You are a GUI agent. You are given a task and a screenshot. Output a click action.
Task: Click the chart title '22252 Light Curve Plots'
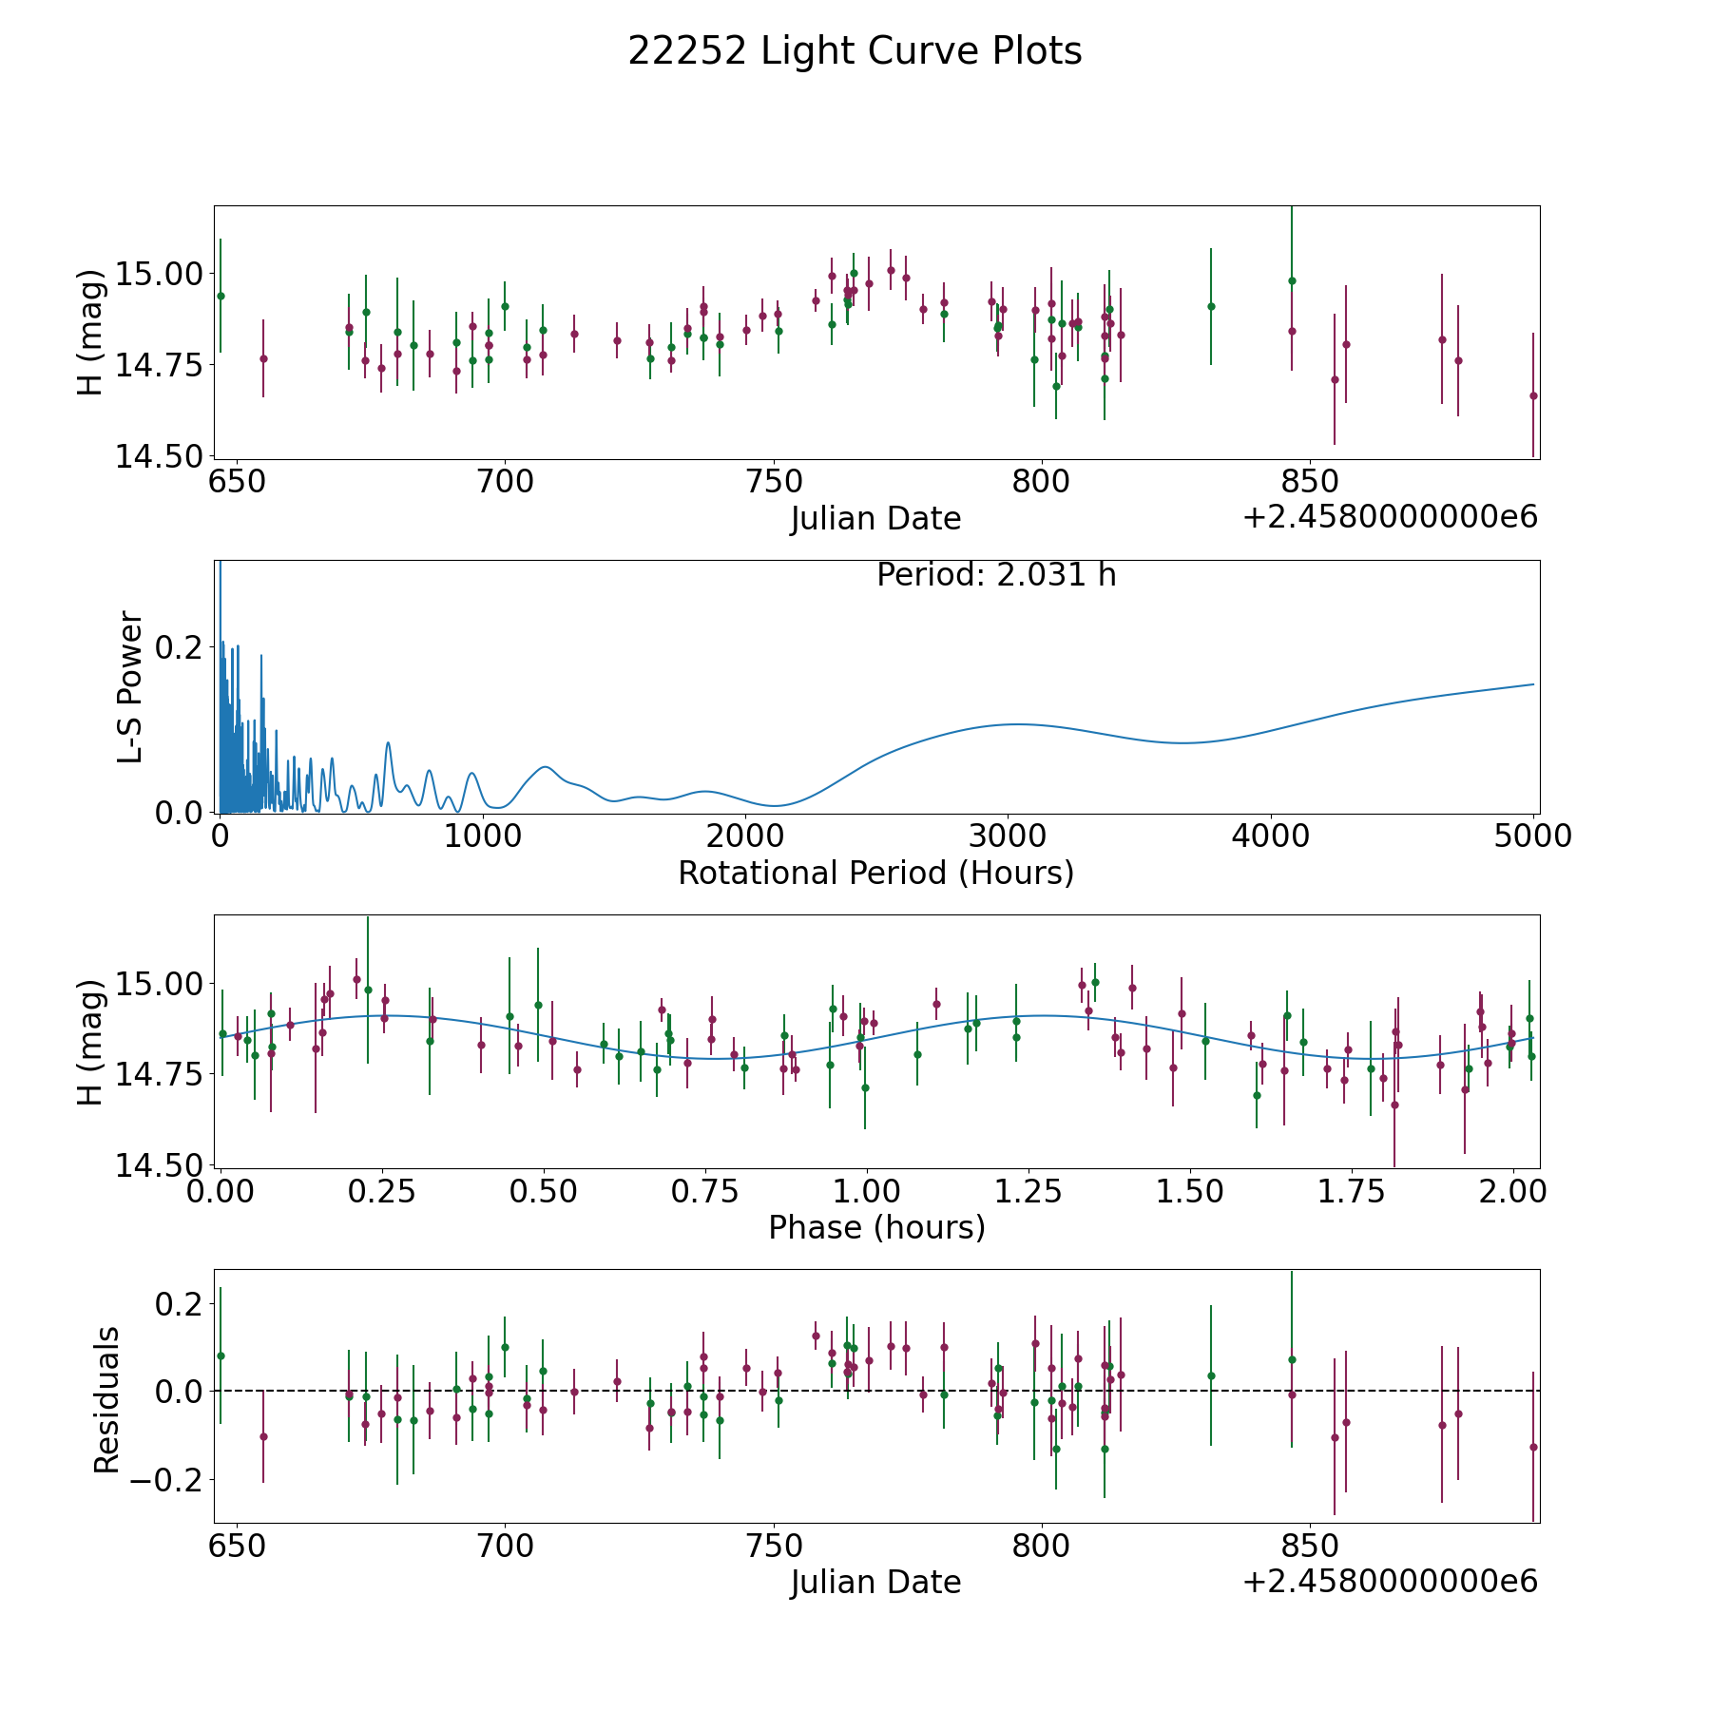point(855,51)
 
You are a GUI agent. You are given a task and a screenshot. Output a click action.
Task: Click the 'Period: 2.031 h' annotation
point(996,575)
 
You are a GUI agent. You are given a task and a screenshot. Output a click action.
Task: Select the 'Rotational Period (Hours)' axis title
point(875,873)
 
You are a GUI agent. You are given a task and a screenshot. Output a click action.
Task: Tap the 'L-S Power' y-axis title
point(130,687)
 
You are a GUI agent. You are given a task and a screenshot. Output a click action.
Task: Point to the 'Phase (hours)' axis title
point(876,1227)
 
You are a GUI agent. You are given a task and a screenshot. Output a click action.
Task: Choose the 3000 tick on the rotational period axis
point(1008,836)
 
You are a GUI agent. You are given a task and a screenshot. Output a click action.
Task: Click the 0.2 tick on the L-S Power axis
point(179,646)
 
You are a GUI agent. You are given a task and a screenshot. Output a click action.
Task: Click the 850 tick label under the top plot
point(1311,482)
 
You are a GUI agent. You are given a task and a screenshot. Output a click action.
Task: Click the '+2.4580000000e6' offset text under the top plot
point(1391,517)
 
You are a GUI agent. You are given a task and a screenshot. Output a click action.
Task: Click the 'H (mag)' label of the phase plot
point(90,1042)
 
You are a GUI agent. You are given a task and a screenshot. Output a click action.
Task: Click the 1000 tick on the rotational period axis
point(482,836)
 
